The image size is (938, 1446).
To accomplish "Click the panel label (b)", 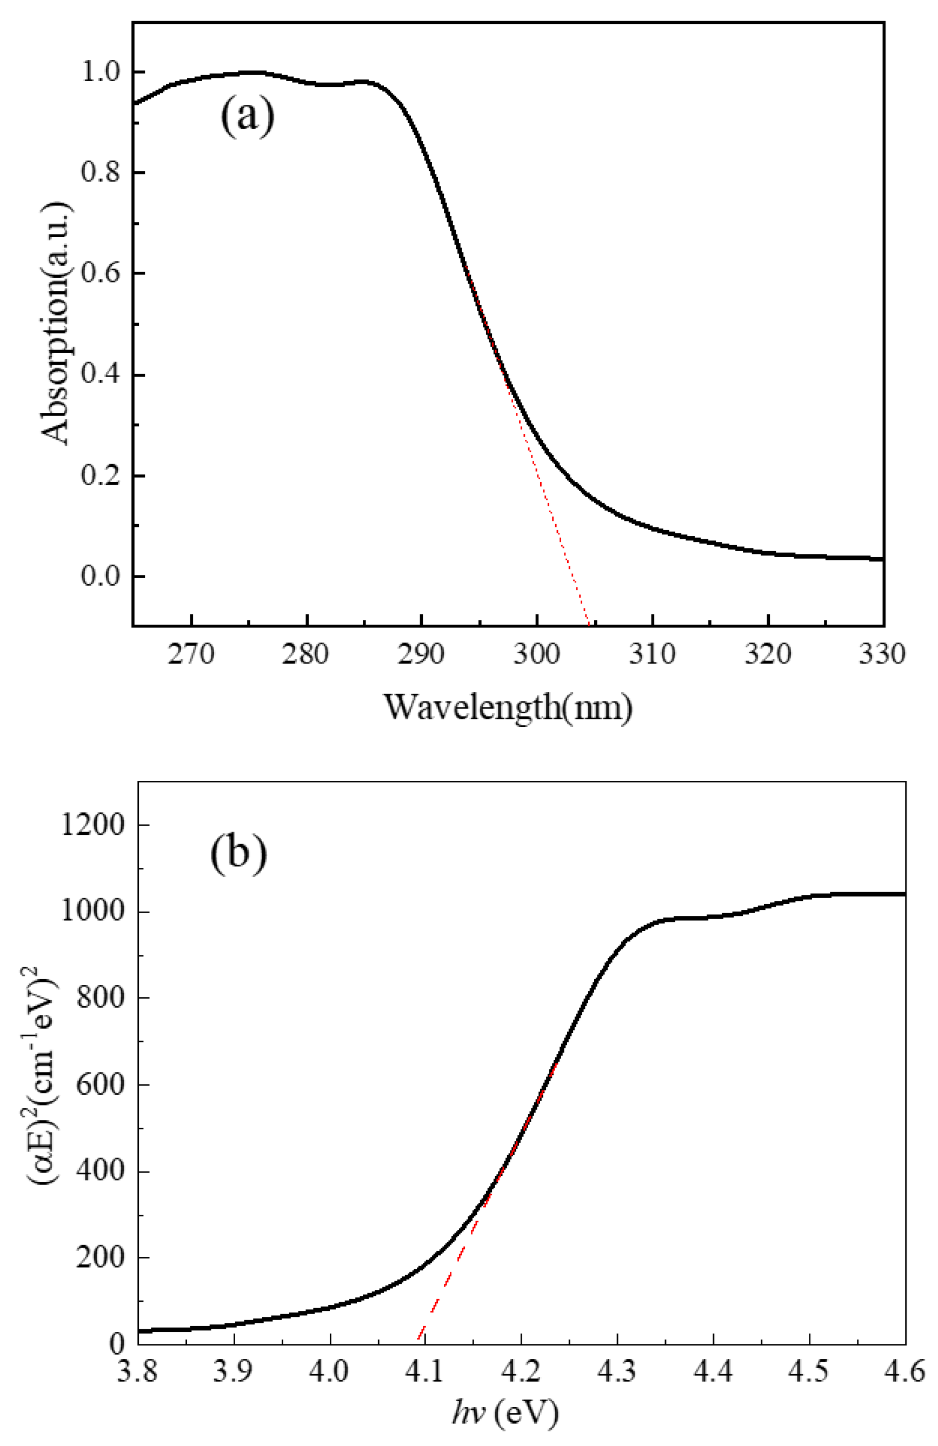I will point(238,854).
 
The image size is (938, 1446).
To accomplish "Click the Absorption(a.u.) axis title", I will point(58,324).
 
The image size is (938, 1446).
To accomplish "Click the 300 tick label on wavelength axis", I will point(537,655).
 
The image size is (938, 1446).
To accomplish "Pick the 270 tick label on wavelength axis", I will point(191,655).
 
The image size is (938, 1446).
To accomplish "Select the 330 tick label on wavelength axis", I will point(882,655).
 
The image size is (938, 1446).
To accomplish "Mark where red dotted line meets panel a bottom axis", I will point(588,625).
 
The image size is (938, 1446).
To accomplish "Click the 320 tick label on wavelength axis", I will point(767,655).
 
